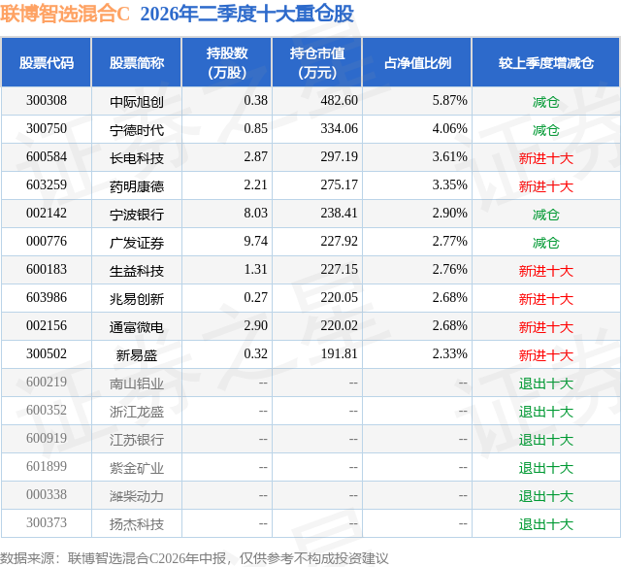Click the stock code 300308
[x=47, y=101]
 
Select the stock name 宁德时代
[x=137, y=130]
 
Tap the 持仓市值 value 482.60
[x=339, y=101]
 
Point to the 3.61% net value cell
[x=449, y=157]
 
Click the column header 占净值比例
[x=417, y=63]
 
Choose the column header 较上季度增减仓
[x=546, y=63]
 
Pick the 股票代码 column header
[x=47, y=63]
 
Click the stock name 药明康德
[x=137, y=186]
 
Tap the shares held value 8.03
[x=255, y=214]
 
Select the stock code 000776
[x=47, y=242]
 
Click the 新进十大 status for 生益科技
[x=546, y=271]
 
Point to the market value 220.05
[x=339, y=297]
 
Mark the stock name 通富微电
[x=137, y=327]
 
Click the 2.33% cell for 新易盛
[x=449, y=353]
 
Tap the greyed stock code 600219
[x=47, y=382]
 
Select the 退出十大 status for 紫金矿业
[x=546, y=468]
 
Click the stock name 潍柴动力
[x=137, y=496]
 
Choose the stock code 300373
[x=47, y=522]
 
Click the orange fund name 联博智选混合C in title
[x=65, y=15]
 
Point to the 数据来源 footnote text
[x=194, y=558]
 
